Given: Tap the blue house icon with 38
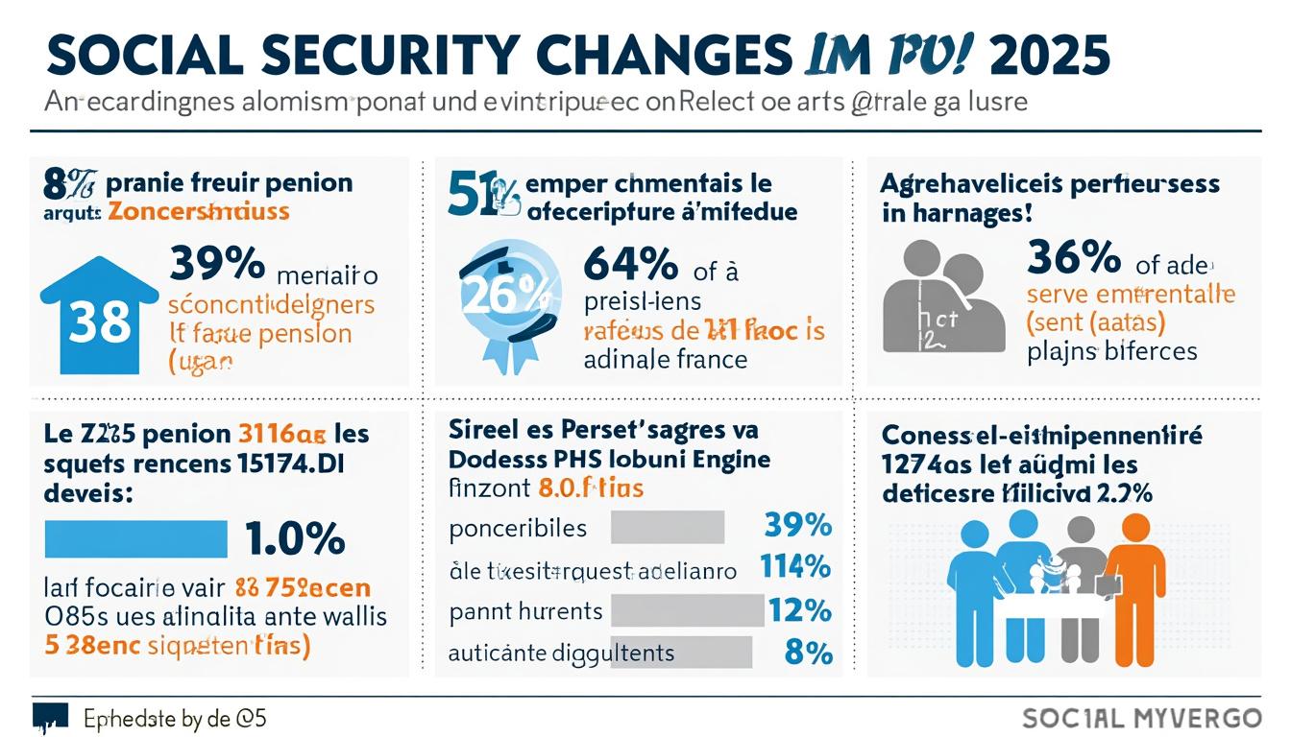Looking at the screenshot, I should point(100,317).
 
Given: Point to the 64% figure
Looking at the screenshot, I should point(630,264).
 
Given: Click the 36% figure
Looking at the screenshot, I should point(1073,257).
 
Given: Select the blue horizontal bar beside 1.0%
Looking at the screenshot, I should point(136,539).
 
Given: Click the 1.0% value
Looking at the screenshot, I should point(295,539).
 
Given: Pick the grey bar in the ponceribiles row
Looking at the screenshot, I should point(667,527).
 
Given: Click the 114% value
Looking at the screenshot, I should point(794,567).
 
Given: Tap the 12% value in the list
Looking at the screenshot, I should point(799,610).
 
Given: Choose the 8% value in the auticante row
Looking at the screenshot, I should point(807,653).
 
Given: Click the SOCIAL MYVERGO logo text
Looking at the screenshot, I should point(1141,718).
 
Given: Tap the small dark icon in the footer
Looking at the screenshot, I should point(50,716).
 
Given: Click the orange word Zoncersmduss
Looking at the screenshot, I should point(197,211).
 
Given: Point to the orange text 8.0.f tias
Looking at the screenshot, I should point(591,487).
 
